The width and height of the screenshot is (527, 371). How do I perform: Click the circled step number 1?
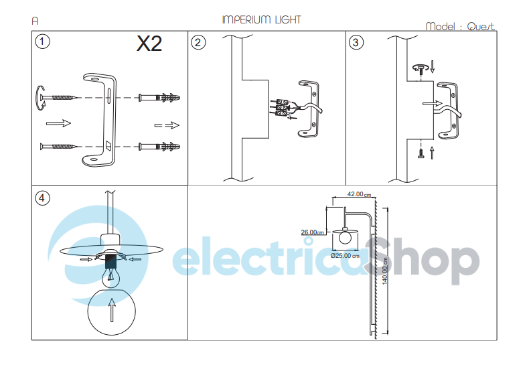pos(42,42)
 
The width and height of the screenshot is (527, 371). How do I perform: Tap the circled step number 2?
pos(198,42)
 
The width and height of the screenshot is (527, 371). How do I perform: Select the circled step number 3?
pos(356,42)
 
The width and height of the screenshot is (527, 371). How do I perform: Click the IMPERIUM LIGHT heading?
pos(261,19)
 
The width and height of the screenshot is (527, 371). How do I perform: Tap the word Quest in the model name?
pos(481,27)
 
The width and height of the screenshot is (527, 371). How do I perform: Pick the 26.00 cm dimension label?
pos(312,232)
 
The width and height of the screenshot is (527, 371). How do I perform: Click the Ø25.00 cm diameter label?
pos(346,255)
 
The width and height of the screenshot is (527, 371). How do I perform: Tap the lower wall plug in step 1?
pos(159,146)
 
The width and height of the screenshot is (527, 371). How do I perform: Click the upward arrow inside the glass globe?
pos(111,311)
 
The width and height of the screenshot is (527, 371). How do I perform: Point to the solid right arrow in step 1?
pos(58,123)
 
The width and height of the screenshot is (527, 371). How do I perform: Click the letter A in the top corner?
pos(35,21)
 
